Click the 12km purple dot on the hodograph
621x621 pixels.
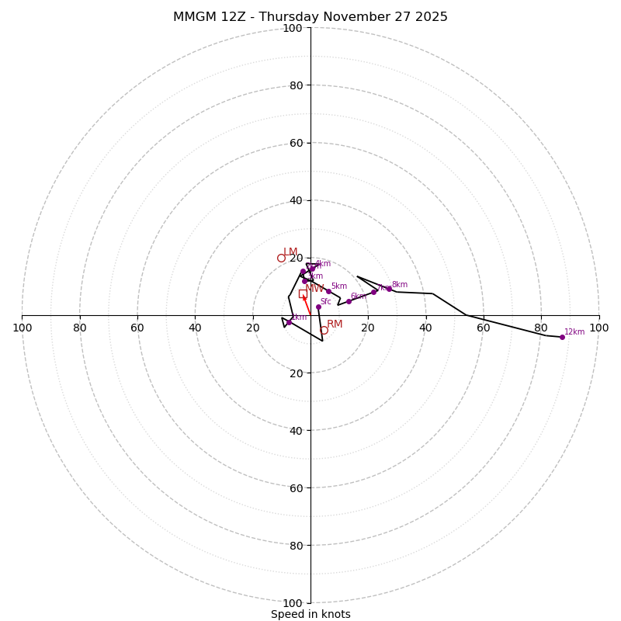coord(562,337)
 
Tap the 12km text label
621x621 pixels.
coord(574,331)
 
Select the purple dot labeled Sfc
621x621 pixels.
coord(318,307)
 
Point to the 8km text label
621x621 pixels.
coord(399,285)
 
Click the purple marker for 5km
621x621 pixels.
coord(328,292)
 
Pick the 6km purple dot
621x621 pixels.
coord(349,301)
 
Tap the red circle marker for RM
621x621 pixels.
coord(324,331)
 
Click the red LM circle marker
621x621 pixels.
coord(281,258)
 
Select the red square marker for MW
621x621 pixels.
coord(303,293)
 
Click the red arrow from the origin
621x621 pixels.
coord(307,304)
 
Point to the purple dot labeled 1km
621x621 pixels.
coord(289,322)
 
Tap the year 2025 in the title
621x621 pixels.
coord(431,17)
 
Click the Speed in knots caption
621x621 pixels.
coord(310,614)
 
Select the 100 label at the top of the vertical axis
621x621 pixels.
coord(293,28)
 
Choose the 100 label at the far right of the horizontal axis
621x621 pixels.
coord(598,328)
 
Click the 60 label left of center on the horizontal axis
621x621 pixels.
coord(137,328)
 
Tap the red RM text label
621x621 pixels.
coord(335,324)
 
